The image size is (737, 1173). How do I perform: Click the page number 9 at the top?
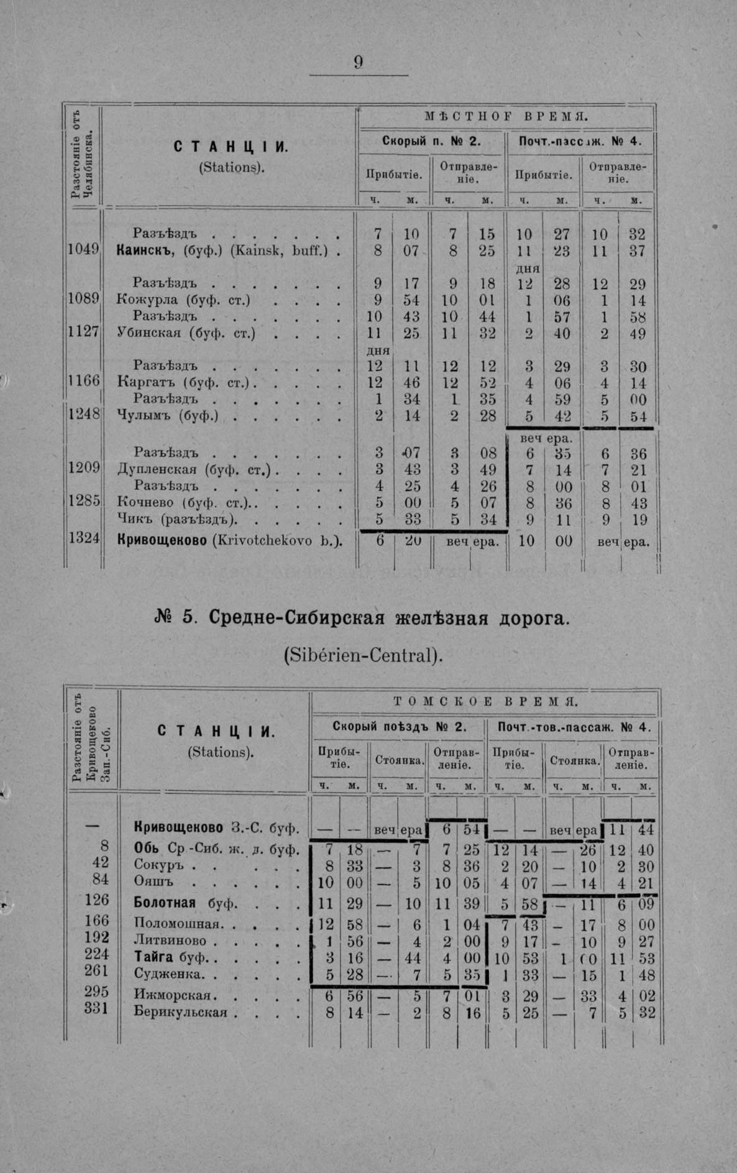[x=359, y=62]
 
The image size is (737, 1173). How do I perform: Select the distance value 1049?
[x=83, y=249]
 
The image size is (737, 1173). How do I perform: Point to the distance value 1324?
[x=83, y=538]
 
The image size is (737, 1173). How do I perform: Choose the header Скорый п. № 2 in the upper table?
[x=431, y=141]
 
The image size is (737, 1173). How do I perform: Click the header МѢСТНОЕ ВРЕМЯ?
[x=506, y=116]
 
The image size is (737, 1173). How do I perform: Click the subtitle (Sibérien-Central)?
[x=364, y=655]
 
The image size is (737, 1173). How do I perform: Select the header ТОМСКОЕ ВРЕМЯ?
[x=486, y=702]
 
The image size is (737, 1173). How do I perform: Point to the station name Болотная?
[x=165, y=903]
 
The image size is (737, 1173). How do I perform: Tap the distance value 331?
[x=96, y=1008]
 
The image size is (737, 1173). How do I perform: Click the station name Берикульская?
[x=180, y=1013]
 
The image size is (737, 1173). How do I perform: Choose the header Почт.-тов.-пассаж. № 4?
[x=574, y=727]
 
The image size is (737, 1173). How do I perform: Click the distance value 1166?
[x=83, y=380]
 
